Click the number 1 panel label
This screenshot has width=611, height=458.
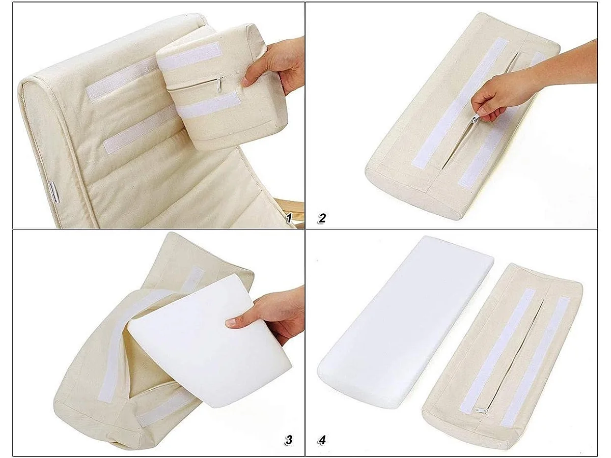pos(289,219)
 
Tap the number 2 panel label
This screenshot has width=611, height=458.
pos(322,219)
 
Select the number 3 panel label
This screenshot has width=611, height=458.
pos(289,440)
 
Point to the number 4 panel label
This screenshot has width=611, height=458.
pos(322,440)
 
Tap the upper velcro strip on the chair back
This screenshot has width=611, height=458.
pos(120,81)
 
